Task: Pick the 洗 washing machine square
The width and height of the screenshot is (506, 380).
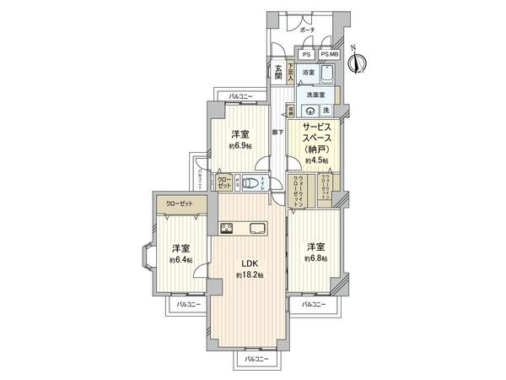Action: [326, 111]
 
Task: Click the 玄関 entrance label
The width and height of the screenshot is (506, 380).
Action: [277, 73]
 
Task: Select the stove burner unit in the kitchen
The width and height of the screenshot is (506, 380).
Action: [228, 226]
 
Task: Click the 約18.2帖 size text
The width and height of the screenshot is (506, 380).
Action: [250, 275]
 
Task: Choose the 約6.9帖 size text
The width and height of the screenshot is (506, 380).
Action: [240, 146]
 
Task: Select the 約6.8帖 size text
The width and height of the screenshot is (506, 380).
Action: [315, 258]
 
